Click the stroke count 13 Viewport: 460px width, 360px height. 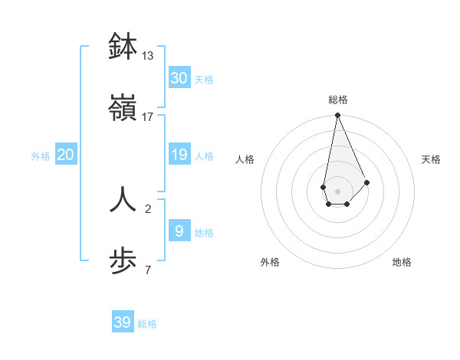pyautogui.click(x=148, y=55)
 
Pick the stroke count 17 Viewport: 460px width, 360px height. pyautogui.click(x=148, y=116)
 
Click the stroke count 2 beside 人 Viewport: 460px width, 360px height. pyautogui.click(x=148, y=208)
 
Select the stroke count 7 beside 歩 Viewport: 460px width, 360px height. pyautogui.click(x=148, y=270)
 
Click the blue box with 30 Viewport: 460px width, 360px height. pyautogui.click(x=179, y=77)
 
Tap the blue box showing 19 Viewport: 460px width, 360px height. pyautogui.click(x=179, y=155)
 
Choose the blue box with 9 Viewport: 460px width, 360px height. pyautogui.click(x=179, y=231)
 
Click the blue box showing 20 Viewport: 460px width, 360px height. pyautogui.click(x=66, y=155)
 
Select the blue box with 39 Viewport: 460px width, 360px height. pyautogui.click(x=123, y=322)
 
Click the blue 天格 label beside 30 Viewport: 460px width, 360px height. pyautogui.click(x=204, y=80)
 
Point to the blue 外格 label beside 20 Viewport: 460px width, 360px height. pyautogui.click(x=41, y=156)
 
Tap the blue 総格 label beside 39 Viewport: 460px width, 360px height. pyautogui.click(x=147, y=324)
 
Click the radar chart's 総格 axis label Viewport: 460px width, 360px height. pyautogui.click(x=337, y=100)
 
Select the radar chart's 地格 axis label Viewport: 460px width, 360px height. pyautogui.click(x=402, y=262)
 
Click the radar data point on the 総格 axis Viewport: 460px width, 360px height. pyautogui.click(x=337, y=116)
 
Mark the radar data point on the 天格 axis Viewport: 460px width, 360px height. pyautogui.click(x=367, y=182)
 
